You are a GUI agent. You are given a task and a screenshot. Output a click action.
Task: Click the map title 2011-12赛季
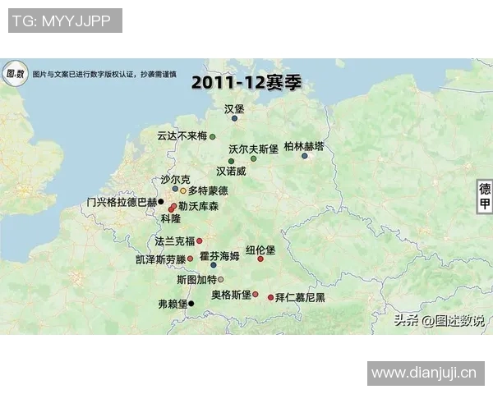pos(234,83)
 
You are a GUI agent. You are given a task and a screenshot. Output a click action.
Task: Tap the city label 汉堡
pos(234,108)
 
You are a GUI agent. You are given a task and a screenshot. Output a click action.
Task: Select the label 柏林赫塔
pos(303,146)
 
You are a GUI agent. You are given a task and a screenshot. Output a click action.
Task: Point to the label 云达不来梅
pos(182,136)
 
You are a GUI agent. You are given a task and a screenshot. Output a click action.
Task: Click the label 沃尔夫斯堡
pos(254,149)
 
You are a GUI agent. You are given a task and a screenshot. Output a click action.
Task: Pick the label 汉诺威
pos(231,172)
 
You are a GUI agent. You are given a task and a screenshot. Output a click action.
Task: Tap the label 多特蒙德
pos(208,190)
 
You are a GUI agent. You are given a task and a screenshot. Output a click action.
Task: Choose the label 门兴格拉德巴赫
pos(122,202)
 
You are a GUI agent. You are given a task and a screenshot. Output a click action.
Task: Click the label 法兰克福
pos(175,241)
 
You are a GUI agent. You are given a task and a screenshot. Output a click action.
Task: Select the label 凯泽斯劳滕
pos(160,259)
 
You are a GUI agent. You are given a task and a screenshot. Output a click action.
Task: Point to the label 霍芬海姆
pos(219,256)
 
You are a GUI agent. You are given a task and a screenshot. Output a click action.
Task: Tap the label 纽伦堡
pos(260,250)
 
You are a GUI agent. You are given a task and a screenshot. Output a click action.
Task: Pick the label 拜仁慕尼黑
pos(300,297)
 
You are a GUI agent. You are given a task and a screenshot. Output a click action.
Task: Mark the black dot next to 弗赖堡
pos(191,304)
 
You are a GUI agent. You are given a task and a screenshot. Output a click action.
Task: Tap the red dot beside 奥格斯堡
pos(256,294)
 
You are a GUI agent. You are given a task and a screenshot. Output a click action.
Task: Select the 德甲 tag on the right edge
pos(485,195)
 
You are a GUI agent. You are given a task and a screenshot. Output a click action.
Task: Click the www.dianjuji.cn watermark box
pos(424,374)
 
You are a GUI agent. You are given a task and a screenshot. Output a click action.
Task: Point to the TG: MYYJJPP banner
pos(65,21)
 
